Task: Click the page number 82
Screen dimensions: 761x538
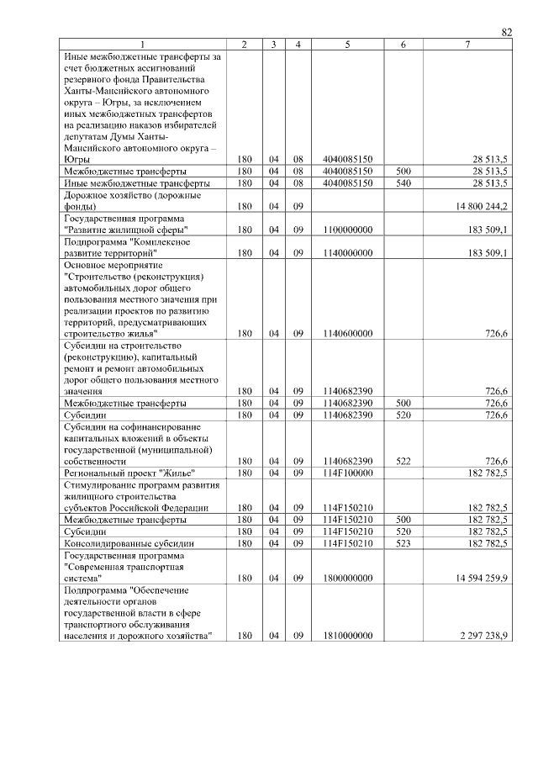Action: tap(506, 32)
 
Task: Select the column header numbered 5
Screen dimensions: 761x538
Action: tap(347, 45)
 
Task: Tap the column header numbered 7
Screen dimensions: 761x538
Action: tap(467, 45)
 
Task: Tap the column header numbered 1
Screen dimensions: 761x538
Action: tap(143, 45)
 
